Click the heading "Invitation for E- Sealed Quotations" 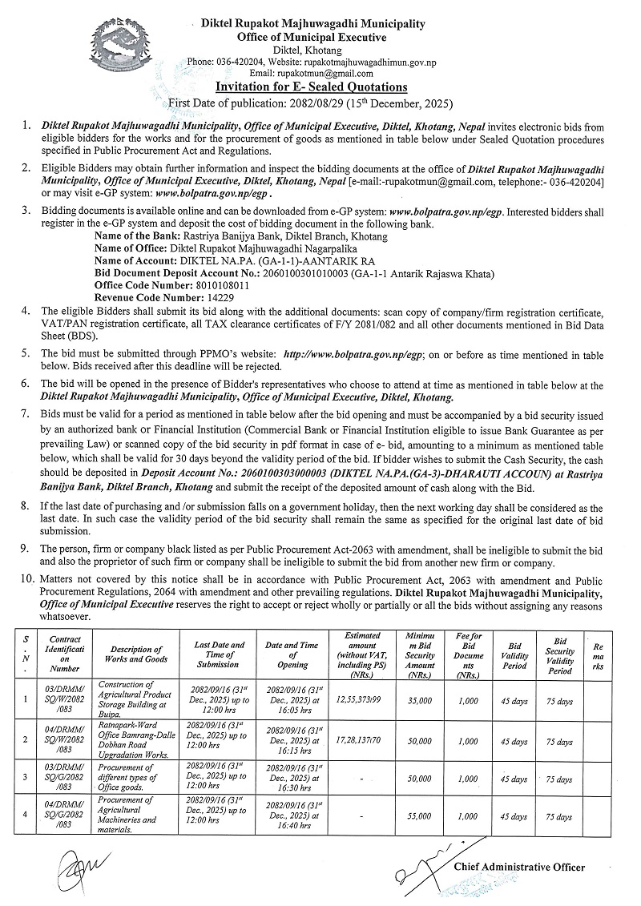point(312,87)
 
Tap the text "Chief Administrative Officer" point(519,867)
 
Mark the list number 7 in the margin point(26,413)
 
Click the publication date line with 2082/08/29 point(311,103)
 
